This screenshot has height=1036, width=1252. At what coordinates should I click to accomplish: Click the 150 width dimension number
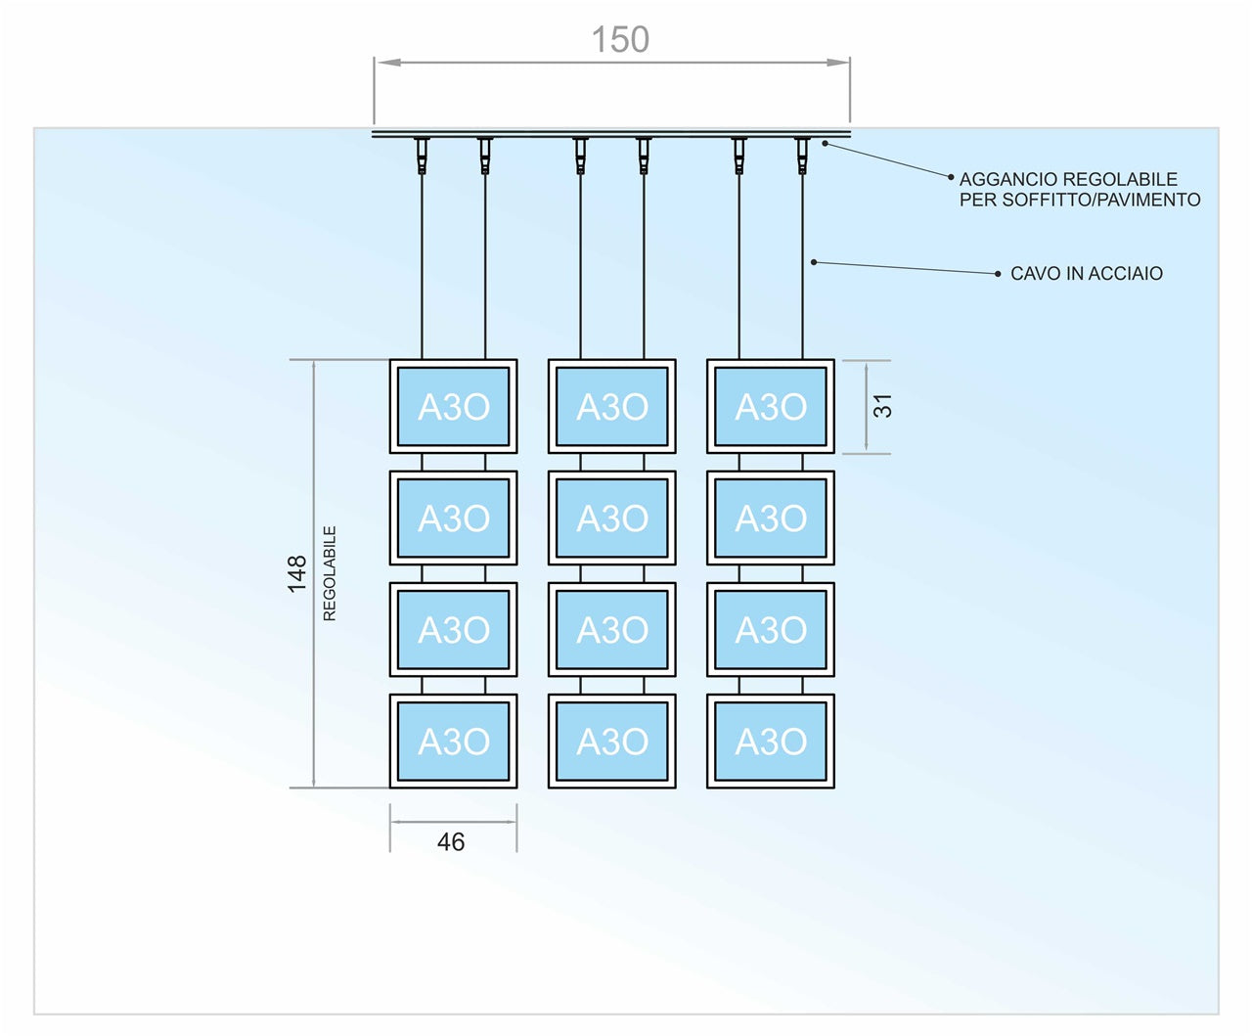[x=620, y=40]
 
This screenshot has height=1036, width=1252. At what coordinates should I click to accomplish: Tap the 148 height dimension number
[x=297, y=573]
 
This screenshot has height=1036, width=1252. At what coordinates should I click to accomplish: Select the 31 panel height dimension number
[x=882, y=406]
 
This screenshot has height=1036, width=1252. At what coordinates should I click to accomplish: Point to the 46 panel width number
[x=451, y=841]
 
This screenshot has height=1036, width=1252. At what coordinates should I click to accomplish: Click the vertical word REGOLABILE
[x=330, y=573]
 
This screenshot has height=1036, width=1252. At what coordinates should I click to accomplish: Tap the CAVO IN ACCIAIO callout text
[x=1086, y=274]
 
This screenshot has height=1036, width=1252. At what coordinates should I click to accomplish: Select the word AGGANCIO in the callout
[x=1007, y=179]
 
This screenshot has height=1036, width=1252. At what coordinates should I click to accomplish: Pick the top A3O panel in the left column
[x=454, y=406]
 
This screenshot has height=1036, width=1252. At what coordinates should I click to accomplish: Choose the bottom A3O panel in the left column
[x=454, y=741]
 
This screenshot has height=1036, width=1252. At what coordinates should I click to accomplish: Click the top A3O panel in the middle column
[x=612, y=406]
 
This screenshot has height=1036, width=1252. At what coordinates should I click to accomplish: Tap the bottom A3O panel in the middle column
[x=612, y=741]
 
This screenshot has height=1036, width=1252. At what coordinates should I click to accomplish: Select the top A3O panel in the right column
[x=771, y=406]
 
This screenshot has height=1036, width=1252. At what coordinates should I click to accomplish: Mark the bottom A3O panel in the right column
[x=771, y=741]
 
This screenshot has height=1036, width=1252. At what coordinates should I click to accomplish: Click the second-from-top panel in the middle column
[x=612, y=518]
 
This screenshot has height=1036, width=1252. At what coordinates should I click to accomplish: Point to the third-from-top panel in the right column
[x=771, y=629]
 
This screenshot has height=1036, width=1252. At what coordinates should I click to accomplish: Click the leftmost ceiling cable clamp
[x=422, y=155]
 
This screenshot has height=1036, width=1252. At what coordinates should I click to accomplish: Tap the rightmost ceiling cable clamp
[x=802, y=155]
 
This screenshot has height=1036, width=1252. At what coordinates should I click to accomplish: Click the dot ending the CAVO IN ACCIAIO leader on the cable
[x=814, y=262]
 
